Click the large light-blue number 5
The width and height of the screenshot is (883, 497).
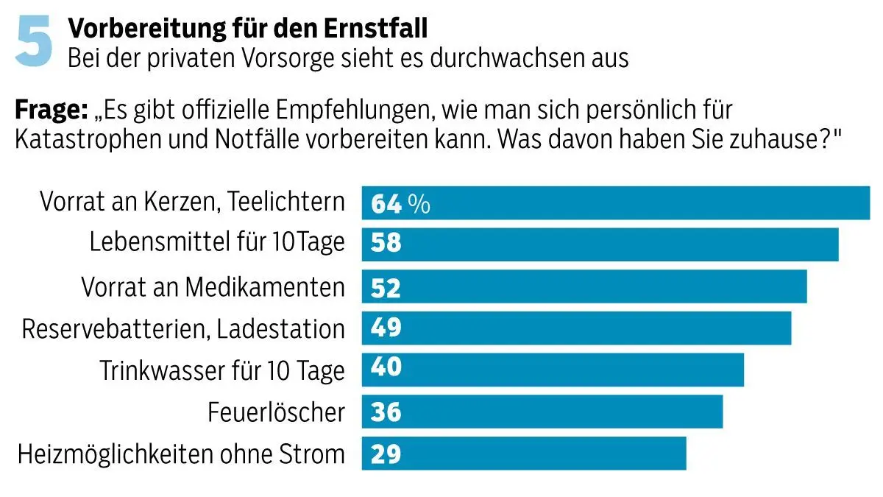point(35,42)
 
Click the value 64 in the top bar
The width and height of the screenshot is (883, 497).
point(386,204)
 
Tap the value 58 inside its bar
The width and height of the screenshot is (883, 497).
point(386,244)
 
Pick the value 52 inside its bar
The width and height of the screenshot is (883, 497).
point(386,286)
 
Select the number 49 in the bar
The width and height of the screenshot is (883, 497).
point(386,328)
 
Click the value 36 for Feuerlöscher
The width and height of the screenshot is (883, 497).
point(386,412)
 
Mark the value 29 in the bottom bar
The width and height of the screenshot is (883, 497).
point(386,454)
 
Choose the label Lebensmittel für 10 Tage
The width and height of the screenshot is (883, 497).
point(217,243)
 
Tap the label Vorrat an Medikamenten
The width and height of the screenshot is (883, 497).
point(213,286)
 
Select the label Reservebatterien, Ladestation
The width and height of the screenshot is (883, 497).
point(183,328)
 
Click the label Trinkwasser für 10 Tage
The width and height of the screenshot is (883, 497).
point(222,370)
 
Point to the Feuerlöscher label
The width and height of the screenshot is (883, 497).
point(276,412)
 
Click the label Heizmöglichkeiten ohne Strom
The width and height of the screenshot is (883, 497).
point(181,454)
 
